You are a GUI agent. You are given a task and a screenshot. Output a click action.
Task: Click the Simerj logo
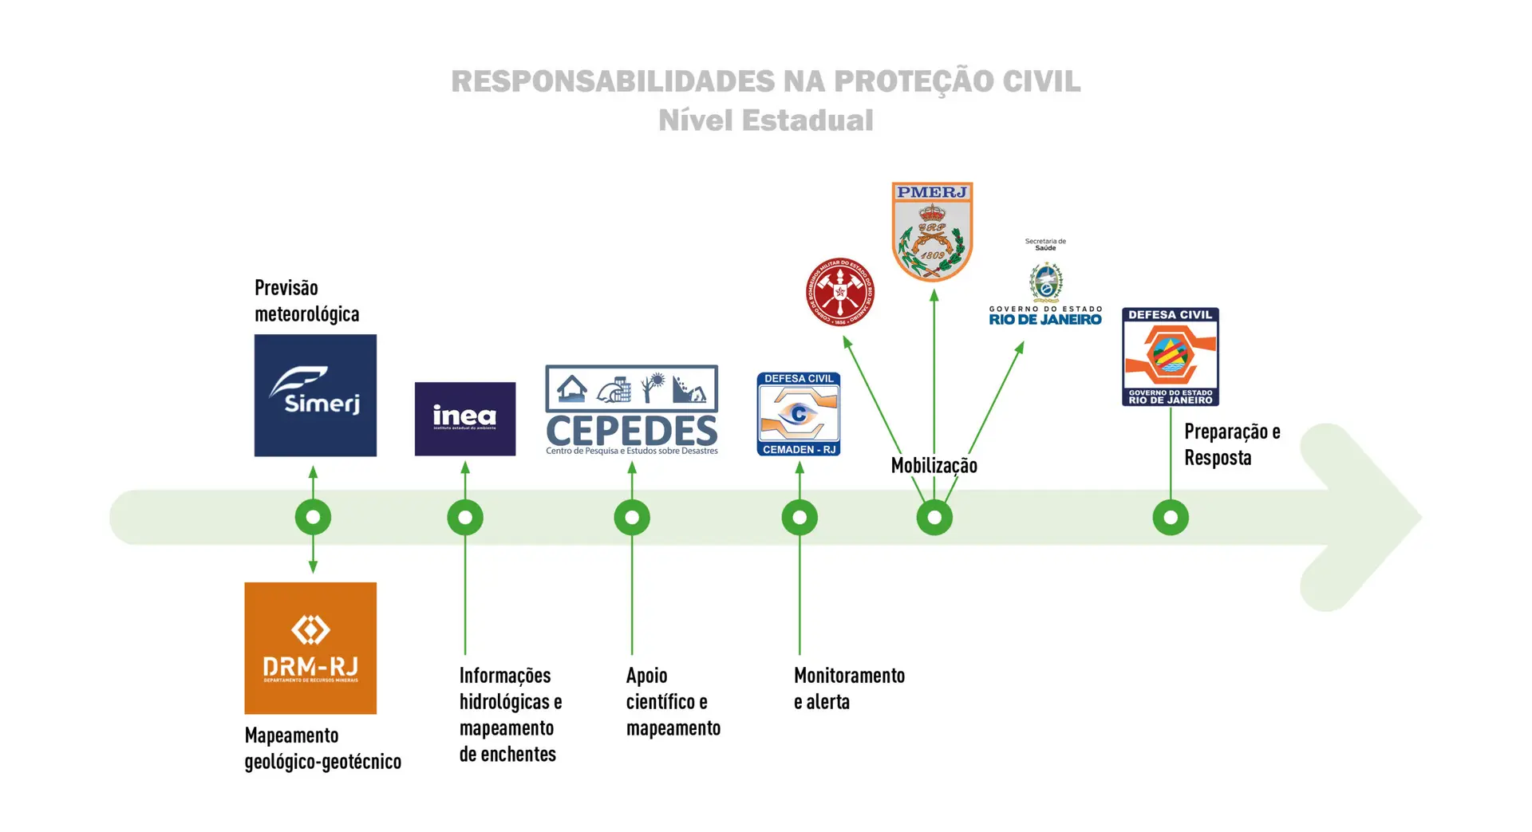pyautogui.click(x=315, y=395)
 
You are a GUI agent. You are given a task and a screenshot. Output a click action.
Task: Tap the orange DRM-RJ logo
pyautogui.click(x=310, y=648)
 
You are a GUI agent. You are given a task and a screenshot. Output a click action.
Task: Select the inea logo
pyautogui.click(x=464, y=419)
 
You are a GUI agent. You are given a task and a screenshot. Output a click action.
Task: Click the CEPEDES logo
pyautogui.click(x=631, y=411)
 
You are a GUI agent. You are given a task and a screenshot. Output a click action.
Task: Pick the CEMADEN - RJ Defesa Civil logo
pyautogui.click(x=798, y=414)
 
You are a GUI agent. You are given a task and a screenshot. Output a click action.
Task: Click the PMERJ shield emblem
pyautogui.click(x=932, y=231)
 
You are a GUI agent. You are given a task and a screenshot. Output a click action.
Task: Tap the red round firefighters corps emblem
pyautogui.click(x=839, y=292)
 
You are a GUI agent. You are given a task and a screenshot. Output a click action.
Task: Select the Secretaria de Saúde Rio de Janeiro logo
pyautogui.click(x=1045, y=283)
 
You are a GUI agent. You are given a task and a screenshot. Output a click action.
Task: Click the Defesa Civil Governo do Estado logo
pyautogui.click(x=1170, y=357)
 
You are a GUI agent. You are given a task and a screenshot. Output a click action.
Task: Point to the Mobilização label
pyautogui.click(x=934, y=466)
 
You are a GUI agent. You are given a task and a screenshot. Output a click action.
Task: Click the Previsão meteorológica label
pyautogui.click(x=306, y=301)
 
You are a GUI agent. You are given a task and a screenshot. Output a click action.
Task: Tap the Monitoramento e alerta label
pyautogui.click(x=848, y=688)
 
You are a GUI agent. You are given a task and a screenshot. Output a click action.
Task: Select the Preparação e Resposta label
pyautogui.click(x=1231, y=444)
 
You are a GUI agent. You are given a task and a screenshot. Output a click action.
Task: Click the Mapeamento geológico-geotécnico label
pyautogui.click(x=322, y=748)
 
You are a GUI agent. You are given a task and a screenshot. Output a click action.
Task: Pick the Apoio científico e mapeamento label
pyautogui.click(x=673, y=701)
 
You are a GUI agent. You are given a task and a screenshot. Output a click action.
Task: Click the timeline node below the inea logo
pyautogui.click(x=465, y=518)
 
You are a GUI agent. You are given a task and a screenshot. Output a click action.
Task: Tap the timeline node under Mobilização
pyautogui.click(x=934, y=518)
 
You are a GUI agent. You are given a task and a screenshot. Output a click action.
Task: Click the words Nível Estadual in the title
pyautogui.click(x=765, y=120)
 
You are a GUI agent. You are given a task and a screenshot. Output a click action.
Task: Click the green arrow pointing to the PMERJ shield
pyautogui.click(x=934, y=367)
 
